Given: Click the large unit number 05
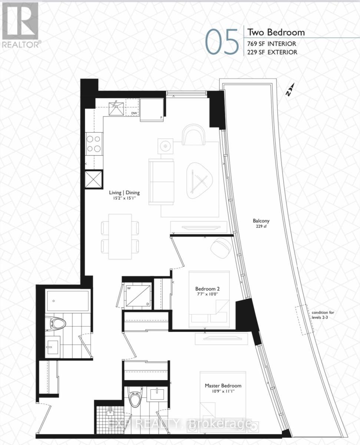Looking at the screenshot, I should click(222, 42).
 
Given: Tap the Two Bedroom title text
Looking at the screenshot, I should click(276, 32).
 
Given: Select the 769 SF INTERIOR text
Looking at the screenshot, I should click(272, 44).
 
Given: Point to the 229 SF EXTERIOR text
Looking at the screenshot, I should click(273, 52).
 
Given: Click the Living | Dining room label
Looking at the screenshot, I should click(124, 195).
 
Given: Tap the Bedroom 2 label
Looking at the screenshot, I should click(208, 291).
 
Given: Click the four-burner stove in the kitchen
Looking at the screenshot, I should click(94, 144).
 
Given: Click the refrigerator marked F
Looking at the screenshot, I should click(152, 109).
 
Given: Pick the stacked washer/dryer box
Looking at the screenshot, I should click(138, 295).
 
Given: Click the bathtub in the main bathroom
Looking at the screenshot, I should click(68, 301).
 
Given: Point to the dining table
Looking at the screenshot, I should click(120, 236).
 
